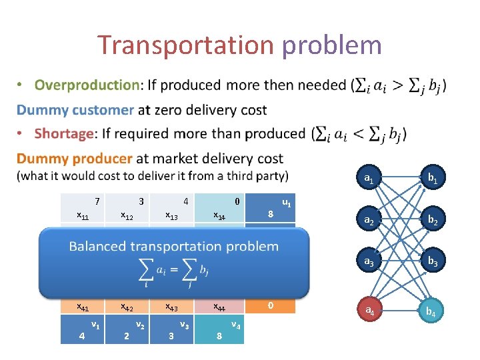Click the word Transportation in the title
186,45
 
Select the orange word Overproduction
87,85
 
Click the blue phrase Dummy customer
75,109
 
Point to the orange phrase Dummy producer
75,159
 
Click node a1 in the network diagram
368,179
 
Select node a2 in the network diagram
368,219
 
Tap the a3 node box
368,263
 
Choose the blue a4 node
368,310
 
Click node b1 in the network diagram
432,179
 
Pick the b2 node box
432,219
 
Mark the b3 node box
432,263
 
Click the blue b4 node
432,310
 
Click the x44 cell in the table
219,307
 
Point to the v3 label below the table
183,325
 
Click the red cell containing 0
270,305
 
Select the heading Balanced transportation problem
173,246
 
